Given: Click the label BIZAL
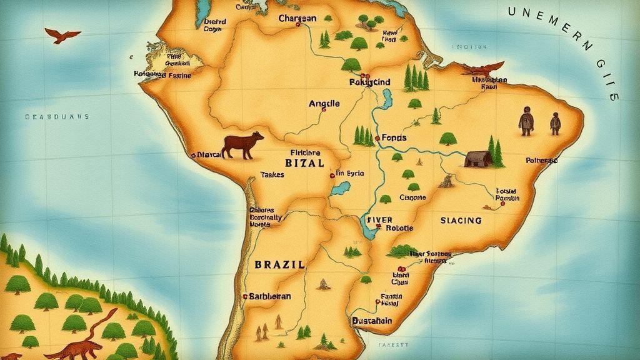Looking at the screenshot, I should click(x=304, y=163).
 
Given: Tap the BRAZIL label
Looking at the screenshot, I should click(x=280, y=264).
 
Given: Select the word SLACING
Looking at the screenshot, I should click(x=461, y=221).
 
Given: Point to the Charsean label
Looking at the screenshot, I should click(x=297, y=19).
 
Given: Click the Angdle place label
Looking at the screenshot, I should click(x=324, y=104).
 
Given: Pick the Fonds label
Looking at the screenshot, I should click(x=394, y=137).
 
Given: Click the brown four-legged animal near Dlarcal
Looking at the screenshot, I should click(x=243, y=145).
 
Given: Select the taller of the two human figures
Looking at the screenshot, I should click(x=526, y=120).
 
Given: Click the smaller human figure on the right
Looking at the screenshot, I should click(x=555, y=123).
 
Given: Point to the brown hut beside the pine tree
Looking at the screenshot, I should click(x=476, y=158).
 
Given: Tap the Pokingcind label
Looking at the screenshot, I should click(x=369, y=82).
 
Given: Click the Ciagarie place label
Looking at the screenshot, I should click(x=412, y=197).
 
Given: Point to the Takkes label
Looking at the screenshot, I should click(x=272, y=175).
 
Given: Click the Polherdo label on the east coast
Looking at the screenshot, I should click(x=541, y=161).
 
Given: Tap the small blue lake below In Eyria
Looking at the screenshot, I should click(x=341, y=189).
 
